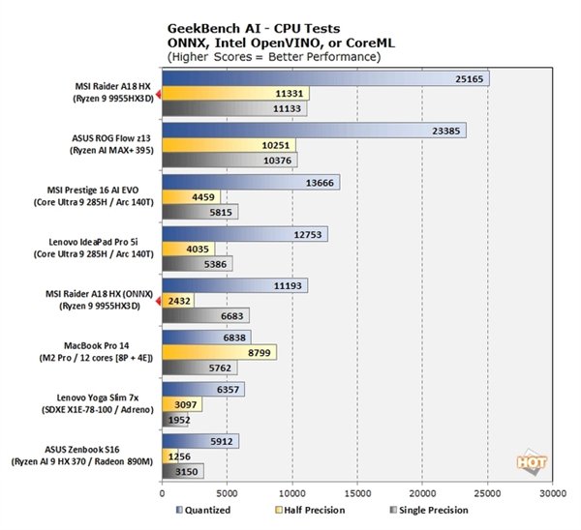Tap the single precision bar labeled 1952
(175, 420)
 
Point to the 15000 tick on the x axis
(357, 491)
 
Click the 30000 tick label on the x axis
(552, 491)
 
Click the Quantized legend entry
(206, 510)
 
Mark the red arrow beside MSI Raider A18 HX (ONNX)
(159, 301)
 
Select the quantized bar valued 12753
(245, 234)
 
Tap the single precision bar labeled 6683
(205, 315)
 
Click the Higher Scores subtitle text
(274, 57)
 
